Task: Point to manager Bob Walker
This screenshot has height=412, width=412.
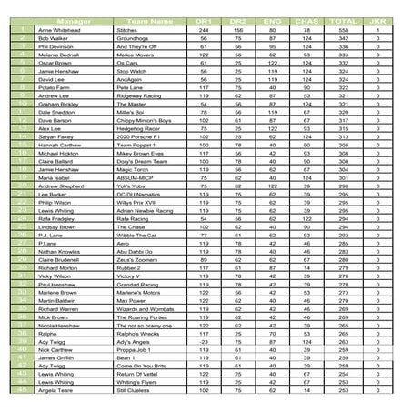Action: coord(53,39)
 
